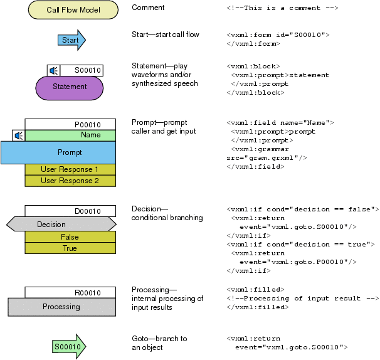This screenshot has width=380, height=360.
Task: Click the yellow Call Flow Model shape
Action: [x=73, y=10]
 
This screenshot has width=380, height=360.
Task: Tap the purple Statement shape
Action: [x=69, y=87]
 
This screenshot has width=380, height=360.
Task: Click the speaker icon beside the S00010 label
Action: [x=54, y=70]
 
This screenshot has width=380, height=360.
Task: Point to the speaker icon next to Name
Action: [x=19, y=135]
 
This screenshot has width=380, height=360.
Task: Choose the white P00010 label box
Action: [x=70, y=124]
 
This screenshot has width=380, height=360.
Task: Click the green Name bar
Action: [x=70, y=135]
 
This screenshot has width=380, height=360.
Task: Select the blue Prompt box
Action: [x=58, y=152]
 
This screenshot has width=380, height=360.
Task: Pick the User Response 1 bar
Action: [x=70, y=169]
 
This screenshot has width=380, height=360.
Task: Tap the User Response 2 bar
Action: [x=70, y=181]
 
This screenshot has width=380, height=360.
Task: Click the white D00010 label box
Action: [x=70, y=211]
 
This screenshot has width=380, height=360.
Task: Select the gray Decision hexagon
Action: [x=61, y=225]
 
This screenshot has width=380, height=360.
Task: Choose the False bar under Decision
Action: [x=70, y=237]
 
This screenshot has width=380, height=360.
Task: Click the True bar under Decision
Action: [x=70, y=248]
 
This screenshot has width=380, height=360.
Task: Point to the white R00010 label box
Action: [x=70, y=292]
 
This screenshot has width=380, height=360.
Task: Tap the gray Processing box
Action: [x=61, y=307]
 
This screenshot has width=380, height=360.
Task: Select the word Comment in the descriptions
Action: [x=148, y=8]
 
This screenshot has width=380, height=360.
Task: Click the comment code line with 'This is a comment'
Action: [x=282, y=8]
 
